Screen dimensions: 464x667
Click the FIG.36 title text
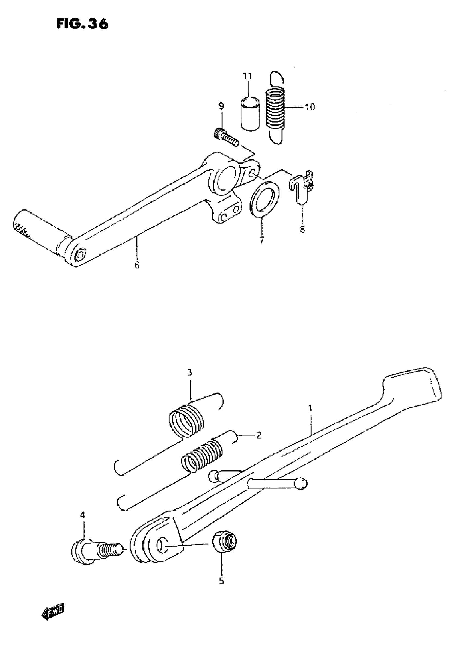coord(82,24)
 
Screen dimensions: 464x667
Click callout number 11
coord(247,77)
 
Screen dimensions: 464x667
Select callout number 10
coord(310,107)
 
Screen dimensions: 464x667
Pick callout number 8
coord(302,230)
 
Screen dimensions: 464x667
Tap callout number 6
coord(137,265)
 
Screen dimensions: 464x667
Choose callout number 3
coord(189,372)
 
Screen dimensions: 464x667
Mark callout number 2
coord(258,443)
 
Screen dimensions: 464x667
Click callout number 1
coord(310,408)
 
